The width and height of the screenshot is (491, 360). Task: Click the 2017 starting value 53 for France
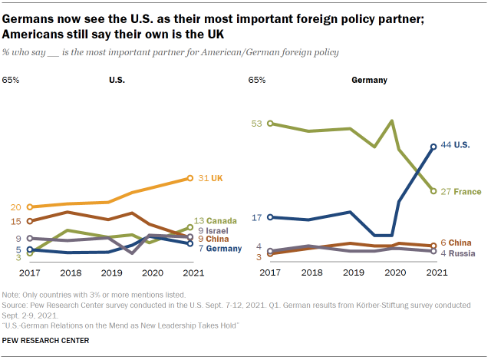pos(257,123)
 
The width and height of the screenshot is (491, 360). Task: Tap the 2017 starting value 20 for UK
pos(15,206)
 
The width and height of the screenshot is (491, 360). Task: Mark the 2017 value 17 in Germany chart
pos(257,217)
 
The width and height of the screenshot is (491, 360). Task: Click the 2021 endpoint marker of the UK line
pos(190,178)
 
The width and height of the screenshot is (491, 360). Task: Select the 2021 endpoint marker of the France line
pos(435,191)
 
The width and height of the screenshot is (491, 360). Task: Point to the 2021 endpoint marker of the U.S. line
pos(435,146)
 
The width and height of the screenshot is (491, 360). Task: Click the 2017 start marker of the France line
pos(269,123)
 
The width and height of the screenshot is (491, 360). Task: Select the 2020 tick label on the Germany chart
pos(394,272)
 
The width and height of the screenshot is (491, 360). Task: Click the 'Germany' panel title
pos(369,79)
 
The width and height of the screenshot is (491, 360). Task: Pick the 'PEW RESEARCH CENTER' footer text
pos(46,339)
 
